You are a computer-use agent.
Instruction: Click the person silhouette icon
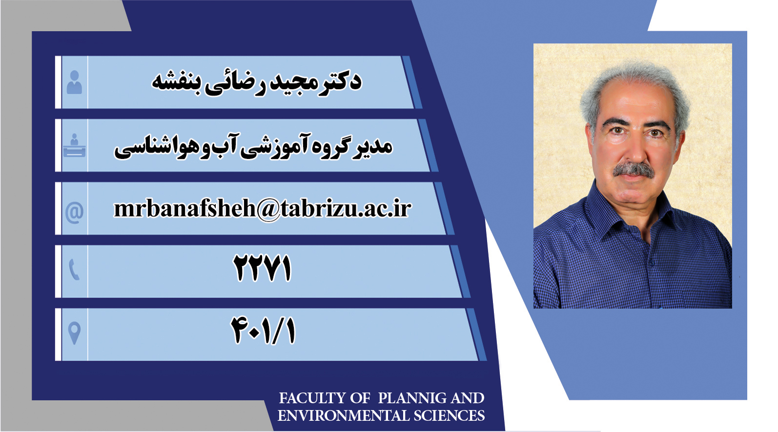(x=74, y=82)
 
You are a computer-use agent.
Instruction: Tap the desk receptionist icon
(x=74, y=145)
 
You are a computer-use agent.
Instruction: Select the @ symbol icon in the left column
(x=74, y=212)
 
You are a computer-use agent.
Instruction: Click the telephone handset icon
(x=74, y=270)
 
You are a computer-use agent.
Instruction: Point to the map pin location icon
(x=74, y=333)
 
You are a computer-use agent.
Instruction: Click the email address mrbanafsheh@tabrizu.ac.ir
(x=263, y=209)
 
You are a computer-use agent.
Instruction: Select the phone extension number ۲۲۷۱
(x=262, y=268)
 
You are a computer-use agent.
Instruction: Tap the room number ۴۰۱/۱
(x=263, y=331)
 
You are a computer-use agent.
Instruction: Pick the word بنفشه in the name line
(x=172, y=83)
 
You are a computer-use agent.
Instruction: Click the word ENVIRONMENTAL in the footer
(x=343, y=416)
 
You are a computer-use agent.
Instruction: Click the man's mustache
(x=633, y=170)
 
